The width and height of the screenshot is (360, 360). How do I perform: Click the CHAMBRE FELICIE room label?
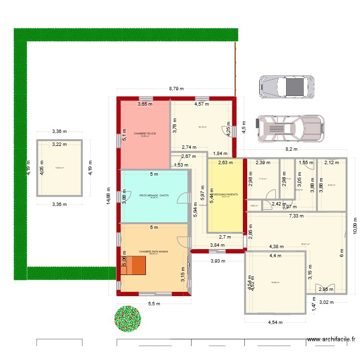[x=145, y=133]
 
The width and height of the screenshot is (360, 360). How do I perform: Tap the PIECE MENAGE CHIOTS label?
[x=154, y=195]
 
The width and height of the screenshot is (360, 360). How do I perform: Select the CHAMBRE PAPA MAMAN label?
[x=153, y=251]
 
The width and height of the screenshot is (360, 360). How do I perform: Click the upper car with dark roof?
[x=287, y=87]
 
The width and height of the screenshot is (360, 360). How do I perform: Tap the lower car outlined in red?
[x=289, y=128]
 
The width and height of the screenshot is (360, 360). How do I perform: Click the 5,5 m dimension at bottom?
[x=154, y=304]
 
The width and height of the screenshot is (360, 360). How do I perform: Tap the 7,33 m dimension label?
[x=296, y=216]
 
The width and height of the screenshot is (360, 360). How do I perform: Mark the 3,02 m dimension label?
[x=326, y=302]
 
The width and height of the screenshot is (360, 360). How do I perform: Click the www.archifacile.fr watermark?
[x=332, y=339]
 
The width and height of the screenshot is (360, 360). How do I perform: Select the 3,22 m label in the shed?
[x=60, y=144]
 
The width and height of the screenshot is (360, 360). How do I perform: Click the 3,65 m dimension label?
[x=145, y=104]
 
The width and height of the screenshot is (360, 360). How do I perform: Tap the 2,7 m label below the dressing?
[x=225, y=237]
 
